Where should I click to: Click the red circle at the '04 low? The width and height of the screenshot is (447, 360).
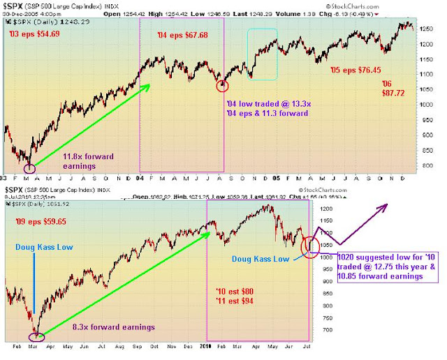223,85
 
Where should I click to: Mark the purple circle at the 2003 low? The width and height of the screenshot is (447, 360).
29,168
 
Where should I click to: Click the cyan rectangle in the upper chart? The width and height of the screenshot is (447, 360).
263,53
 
